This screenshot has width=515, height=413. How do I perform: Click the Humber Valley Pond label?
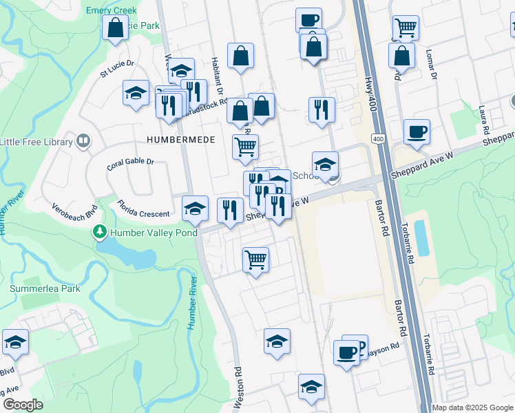(x=153, y=233)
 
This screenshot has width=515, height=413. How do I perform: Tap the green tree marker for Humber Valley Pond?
(x=101, y=232)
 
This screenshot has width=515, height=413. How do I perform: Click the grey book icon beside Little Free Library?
(x=83, y=142)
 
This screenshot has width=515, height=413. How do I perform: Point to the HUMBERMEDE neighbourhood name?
(x=181, y=140)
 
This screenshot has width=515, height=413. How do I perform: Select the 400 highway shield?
(x=378, y=139)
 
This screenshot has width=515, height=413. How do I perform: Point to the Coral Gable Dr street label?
(x=130, y=165)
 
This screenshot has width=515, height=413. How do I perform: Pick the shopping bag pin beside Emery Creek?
(x=114, y=28)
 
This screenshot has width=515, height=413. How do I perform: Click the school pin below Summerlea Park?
(x=15, y=342)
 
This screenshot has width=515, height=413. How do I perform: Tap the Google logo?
(x=23, y=405)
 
